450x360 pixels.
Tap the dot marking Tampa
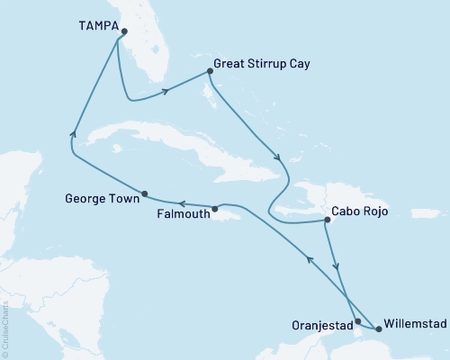click(123, 31)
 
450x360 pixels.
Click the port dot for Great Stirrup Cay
click(210, 71)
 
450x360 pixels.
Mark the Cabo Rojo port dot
click(327, 220)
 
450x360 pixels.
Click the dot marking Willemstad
click(378, 329)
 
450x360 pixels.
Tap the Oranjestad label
click(319, 322)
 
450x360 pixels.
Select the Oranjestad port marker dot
click(358, 320)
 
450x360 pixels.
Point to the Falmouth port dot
click(215, 210)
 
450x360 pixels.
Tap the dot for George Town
click(144, 192)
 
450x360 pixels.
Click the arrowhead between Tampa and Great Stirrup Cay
click(167, 90)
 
